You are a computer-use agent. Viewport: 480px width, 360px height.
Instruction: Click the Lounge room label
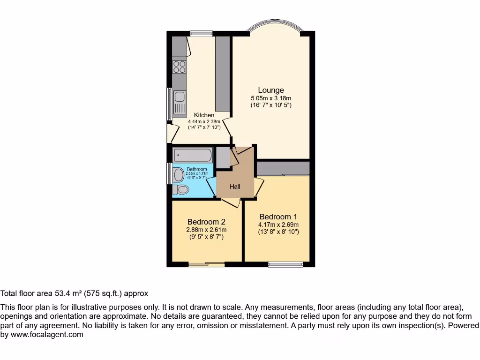click(x=271, y=90)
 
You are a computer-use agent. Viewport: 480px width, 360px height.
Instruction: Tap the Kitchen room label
click(x=204, y=115)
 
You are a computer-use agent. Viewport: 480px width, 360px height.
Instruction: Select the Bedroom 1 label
click(x=278, y=217)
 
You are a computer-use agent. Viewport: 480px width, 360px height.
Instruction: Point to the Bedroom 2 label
click(x=207, y=222)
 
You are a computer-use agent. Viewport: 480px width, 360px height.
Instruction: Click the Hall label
click(x=235, y=187)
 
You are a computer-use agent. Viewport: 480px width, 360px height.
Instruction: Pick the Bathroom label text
click(x=197, y=169)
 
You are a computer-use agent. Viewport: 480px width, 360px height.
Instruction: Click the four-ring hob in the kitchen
click(x=179, y=67)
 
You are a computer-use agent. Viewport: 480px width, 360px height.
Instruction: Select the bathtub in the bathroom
click(x=193, y=155)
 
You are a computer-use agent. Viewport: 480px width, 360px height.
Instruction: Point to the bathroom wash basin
click(x=178, y=175)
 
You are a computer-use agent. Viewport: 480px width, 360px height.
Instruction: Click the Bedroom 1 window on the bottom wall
click(x=285, y=264)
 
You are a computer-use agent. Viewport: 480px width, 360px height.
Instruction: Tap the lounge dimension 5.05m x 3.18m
click(x=271, y=98)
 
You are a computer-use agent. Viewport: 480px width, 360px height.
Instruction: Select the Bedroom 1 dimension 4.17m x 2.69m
click(x=278, y=225)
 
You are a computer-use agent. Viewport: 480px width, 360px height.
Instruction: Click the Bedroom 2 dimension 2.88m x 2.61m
click(x=207, y=230)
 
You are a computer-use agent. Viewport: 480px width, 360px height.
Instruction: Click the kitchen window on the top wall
click(x=201, y=33)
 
